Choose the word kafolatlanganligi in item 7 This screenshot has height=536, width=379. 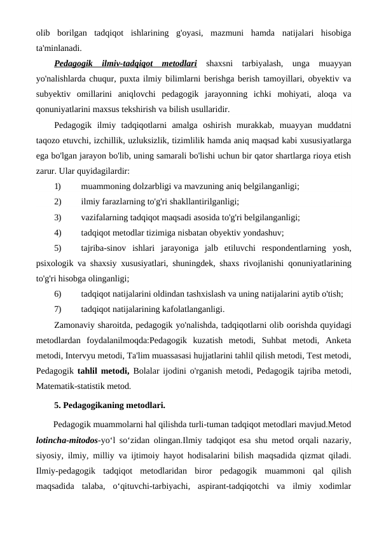[x=189, y=309]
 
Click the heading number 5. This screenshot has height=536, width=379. [x=58, y=404]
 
